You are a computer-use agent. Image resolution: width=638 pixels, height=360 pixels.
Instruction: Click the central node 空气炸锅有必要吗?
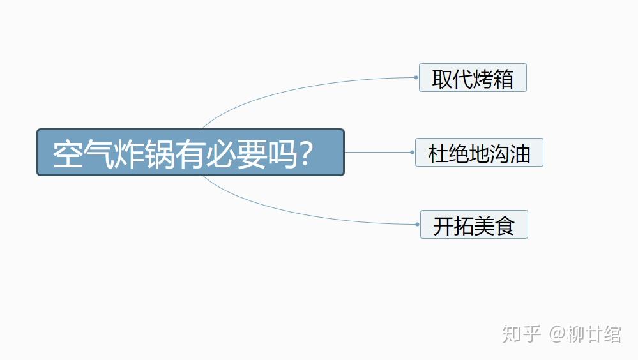pyautogui.click(x=190, y=152)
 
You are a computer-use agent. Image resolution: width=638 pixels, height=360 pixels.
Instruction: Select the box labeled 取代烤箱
pyautogui.click(x=473, y=78)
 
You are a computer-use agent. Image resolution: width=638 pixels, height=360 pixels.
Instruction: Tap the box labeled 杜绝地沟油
pyautogui.click(x=479, y=153)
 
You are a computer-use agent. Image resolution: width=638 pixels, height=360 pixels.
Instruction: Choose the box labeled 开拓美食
pyautogui.click(x=474, y=225)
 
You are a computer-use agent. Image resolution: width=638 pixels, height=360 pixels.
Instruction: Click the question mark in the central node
pyautogui.click(x=305, y=153)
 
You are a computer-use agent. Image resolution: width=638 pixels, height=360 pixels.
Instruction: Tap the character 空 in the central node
pyautogui.click(x=68, y=154)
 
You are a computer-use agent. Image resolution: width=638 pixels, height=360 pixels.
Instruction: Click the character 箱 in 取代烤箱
pyautogui.click(x=503, y=79)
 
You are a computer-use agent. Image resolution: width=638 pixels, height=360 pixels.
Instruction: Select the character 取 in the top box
pyautogui.click(x=442, y=79)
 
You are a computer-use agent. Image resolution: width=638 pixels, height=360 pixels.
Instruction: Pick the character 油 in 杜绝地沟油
pyautogui.click(x=520, y=154)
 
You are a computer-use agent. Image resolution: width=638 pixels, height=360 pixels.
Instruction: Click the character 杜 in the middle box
pyautogui.click(x=438, y=154)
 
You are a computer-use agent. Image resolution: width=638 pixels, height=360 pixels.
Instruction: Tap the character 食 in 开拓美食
pyautogui.click(x=505, y=226)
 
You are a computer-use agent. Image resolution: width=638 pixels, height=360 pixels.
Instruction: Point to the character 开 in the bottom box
pyautogui.click(x=443, y=226)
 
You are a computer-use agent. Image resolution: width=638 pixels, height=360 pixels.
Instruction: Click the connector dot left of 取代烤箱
pyautogui.click(x=416, y=77)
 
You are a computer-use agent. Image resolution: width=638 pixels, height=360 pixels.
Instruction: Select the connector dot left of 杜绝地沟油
pyautogui.click(x=412, y=152)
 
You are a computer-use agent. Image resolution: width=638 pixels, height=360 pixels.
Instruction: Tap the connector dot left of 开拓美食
pyautogui.click(x=418, y=224)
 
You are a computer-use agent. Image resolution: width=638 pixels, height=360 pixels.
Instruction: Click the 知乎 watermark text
pyautogui.click(x=521, y=334)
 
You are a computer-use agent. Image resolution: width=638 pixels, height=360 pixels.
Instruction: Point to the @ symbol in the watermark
pyautogui.click(x=557, y=334)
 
